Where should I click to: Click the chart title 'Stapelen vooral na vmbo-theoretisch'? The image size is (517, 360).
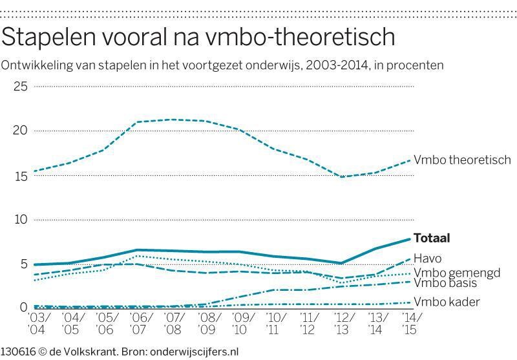[x=198, y=37]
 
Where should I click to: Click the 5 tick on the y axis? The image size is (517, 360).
[x=23, y=264]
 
